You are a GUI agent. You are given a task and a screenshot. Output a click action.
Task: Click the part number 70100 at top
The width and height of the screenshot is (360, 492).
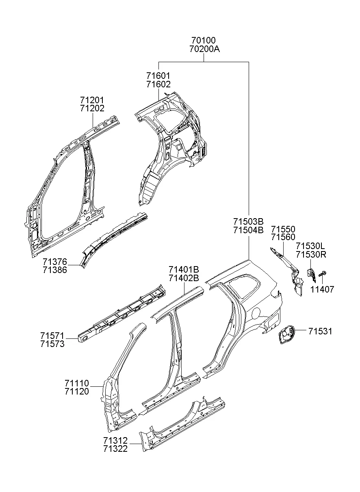coord(204,41)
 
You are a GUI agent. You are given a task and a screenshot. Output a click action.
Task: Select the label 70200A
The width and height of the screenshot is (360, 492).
coord(204,49)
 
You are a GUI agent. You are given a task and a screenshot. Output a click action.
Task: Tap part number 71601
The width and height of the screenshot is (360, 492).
coord(158,76)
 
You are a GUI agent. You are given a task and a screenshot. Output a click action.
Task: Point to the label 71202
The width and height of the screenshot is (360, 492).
coord(92,108)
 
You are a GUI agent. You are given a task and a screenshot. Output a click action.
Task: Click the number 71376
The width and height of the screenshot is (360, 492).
coord(55,261)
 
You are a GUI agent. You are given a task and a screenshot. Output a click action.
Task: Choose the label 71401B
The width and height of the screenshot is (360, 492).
coord(184,269)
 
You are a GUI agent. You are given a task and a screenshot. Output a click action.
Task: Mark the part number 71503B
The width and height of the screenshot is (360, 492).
coord(248,221)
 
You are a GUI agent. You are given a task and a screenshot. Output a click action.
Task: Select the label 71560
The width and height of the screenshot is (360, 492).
coord(283,237)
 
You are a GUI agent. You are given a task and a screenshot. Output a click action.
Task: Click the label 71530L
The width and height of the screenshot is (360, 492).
coord(310,246)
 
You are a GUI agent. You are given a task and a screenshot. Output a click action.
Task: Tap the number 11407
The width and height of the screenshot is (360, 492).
coord(322,289)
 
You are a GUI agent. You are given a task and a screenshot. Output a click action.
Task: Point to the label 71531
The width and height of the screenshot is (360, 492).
coord(320,332)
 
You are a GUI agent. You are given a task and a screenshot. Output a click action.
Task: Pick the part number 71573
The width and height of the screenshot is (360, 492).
coord(52,345)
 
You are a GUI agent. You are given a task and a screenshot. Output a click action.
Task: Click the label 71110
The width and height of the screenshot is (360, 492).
coord(76,383)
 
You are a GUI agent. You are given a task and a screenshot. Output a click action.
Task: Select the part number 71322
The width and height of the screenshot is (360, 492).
coord(115,449)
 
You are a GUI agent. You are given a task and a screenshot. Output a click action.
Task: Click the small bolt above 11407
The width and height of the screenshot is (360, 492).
coord(322,275)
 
